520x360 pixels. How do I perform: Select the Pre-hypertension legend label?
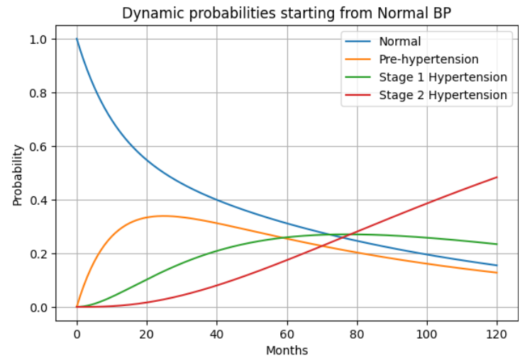(429, 60)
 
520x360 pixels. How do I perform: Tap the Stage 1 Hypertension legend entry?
(443, 77)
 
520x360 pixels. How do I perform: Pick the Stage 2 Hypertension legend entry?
(443, 95)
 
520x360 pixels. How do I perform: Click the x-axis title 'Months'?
(287, 350)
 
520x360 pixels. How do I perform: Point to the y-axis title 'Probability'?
(18, 175)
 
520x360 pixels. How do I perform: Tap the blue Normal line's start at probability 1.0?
(77, 39)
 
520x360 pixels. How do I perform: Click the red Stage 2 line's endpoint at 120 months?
(497, 177)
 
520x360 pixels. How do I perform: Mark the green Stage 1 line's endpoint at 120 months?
(497, 244)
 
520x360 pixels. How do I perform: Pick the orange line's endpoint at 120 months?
(497, 273)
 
